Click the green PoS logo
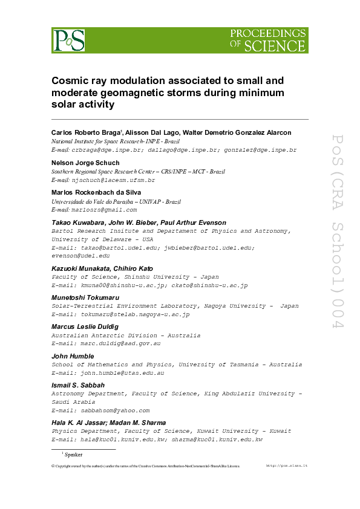pyautogui.click(x=68, y=40)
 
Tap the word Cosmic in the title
pyautogui.click(x=70, y=80)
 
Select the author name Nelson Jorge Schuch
pyautogui.click(x=85, y=163)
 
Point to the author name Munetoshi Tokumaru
pyautogui.click(x=85, y=297)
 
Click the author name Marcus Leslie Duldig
pyautogui.click(x=85, y=326)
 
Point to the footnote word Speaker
pyautogui.click(x=73, y=454)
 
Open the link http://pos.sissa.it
pyautogui.click(x=287, y=466)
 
